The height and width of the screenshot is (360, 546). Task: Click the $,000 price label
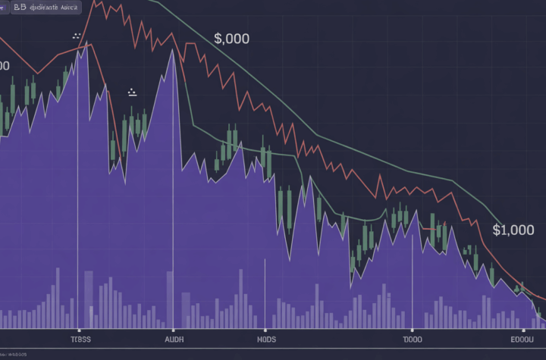tap(231, 39)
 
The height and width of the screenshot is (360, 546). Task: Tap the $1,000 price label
tap(513, 230)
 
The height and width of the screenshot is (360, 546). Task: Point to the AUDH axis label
tap(174, 340)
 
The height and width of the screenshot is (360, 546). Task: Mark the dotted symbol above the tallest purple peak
tap(76, 36)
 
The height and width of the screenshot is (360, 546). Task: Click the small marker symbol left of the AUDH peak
tap(132, 92)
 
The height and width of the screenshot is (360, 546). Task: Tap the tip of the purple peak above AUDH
tap(174, 52)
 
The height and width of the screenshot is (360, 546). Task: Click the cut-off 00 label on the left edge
tap(4, 66)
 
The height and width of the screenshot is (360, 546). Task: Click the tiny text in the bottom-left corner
tap(14, 354)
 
